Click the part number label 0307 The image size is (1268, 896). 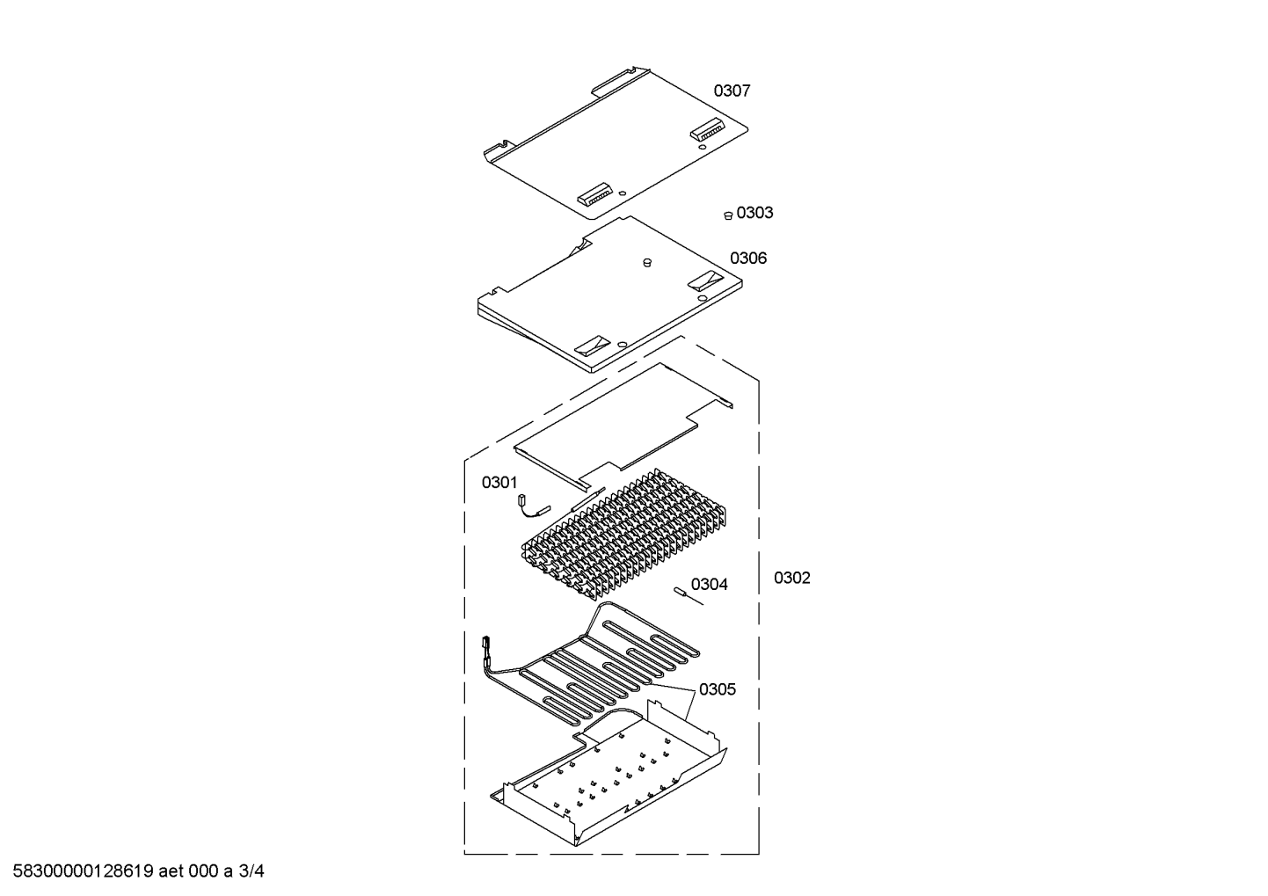tap(732, 91)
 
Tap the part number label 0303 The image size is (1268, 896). tap(754, 213)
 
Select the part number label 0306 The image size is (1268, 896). tap(747, 259)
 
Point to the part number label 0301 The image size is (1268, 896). tap(499, 482)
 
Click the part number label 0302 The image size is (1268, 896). tap(792, 578)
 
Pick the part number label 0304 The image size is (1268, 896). tap(710, 584)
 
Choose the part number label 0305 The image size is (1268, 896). tap(718, 689)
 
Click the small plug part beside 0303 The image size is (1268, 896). tap(729, 215)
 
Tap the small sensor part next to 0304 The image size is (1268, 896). tap(688, 596)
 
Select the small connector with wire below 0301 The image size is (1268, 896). tap(533, 506)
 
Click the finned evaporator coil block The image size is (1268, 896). tap(624, 534)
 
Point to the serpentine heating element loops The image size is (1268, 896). tap(600, 665)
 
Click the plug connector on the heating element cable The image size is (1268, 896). tap(485, 644)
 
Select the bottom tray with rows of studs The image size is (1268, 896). tap(608, 781)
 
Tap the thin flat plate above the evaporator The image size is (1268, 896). tap(623, 425)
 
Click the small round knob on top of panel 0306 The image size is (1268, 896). tap(647, 262)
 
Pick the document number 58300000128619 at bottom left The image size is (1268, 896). tap(84, 871)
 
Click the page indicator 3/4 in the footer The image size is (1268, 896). tap(251, 871)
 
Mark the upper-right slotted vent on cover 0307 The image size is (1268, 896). tap(706, 129)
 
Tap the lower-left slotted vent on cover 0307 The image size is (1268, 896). tap(594, 194)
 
